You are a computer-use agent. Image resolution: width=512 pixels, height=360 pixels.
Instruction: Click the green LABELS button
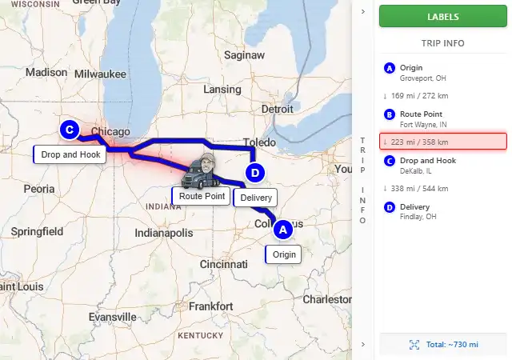tap(443, 16)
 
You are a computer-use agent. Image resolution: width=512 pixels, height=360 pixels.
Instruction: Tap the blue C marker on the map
tap(69, 129)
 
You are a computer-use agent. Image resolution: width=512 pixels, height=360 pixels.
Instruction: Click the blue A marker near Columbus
tap(282, 230)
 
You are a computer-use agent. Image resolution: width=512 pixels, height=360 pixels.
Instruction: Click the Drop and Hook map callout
tap(70, 154)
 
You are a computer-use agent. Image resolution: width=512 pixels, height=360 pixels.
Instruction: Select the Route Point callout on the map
tap(202, 196)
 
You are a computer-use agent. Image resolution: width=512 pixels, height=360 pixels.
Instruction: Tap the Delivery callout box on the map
tap(255, 198)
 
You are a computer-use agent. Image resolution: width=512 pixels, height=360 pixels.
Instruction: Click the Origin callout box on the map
tap(284, 255)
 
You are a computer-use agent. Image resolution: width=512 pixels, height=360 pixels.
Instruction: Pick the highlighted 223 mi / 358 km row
tap(443, 142)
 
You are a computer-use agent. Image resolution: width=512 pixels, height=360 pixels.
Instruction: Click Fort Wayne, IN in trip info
tap(423, 125)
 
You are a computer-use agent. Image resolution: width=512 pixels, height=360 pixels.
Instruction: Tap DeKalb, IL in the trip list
tap(417, 170)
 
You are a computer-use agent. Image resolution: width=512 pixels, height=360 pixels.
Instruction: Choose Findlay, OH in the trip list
tap(418, 217)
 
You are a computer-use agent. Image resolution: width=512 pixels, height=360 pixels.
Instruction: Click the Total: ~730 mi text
tap(452, 344)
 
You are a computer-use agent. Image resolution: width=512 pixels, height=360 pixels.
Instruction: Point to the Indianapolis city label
tap(164, 233)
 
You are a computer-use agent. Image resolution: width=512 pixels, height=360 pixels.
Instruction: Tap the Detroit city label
tap(278, 109)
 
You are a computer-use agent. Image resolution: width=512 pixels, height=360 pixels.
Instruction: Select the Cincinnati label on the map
tap(224, 264)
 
